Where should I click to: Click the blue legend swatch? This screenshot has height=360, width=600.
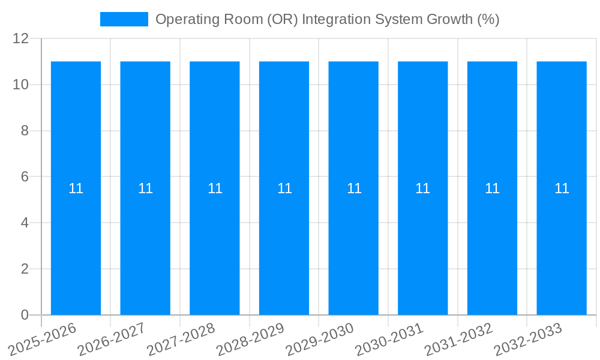124,19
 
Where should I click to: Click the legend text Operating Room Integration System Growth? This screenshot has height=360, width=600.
327,19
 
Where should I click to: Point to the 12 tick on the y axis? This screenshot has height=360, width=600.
21,39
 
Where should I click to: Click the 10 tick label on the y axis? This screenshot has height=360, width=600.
21,85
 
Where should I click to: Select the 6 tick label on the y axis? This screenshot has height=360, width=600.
25,177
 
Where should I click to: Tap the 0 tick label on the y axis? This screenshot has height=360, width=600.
25,315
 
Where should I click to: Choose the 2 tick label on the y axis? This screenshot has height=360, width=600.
25,269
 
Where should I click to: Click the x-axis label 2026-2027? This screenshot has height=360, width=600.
109,339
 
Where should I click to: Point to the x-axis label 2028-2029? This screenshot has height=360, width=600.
247,339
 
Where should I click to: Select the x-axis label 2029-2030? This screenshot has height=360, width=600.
317,339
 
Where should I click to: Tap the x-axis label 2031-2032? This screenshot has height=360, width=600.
455,339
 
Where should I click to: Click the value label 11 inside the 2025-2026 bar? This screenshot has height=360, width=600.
76,188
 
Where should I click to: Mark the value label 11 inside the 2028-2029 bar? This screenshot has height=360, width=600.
284,188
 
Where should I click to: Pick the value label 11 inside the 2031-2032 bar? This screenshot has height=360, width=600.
492,188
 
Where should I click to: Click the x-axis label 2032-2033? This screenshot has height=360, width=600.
525,339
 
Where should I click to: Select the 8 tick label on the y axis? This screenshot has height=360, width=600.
25,131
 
